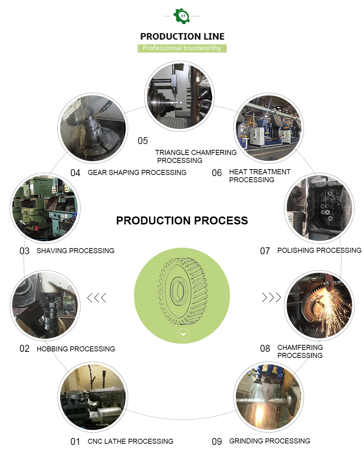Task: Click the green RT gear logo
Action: click(182, 16)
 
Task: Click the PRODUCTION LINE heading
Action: click(182, 36)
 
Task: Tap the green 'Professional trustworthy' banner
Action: click(182, 48)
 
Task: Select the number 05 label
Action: click(143, 141)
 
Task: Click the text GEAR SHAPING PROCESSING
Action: click(137, 172)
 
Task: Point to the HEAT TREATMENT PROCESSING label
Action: click(260, 176)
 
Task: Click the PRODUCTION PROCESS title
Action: click(182, 220)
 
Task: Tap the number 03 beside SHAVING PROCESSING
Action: click(24, 251)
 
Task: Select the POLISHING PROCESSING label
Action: click(319, 250)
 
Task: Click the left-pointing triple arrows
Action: click(97, 298)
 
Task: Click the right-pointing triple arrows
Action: click(272, 297)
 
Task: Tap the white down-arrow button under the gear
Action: click(183, 334)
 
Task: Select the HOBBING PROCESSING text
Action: click(76, 349)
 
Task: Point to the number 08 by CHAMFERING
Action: click(265, 348)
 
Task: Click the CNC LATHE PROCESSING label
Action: click(130, 441)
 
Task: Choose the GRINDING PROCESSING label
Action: click(269, 441)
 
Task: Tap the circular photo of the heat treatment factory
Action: click(268, 128)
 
